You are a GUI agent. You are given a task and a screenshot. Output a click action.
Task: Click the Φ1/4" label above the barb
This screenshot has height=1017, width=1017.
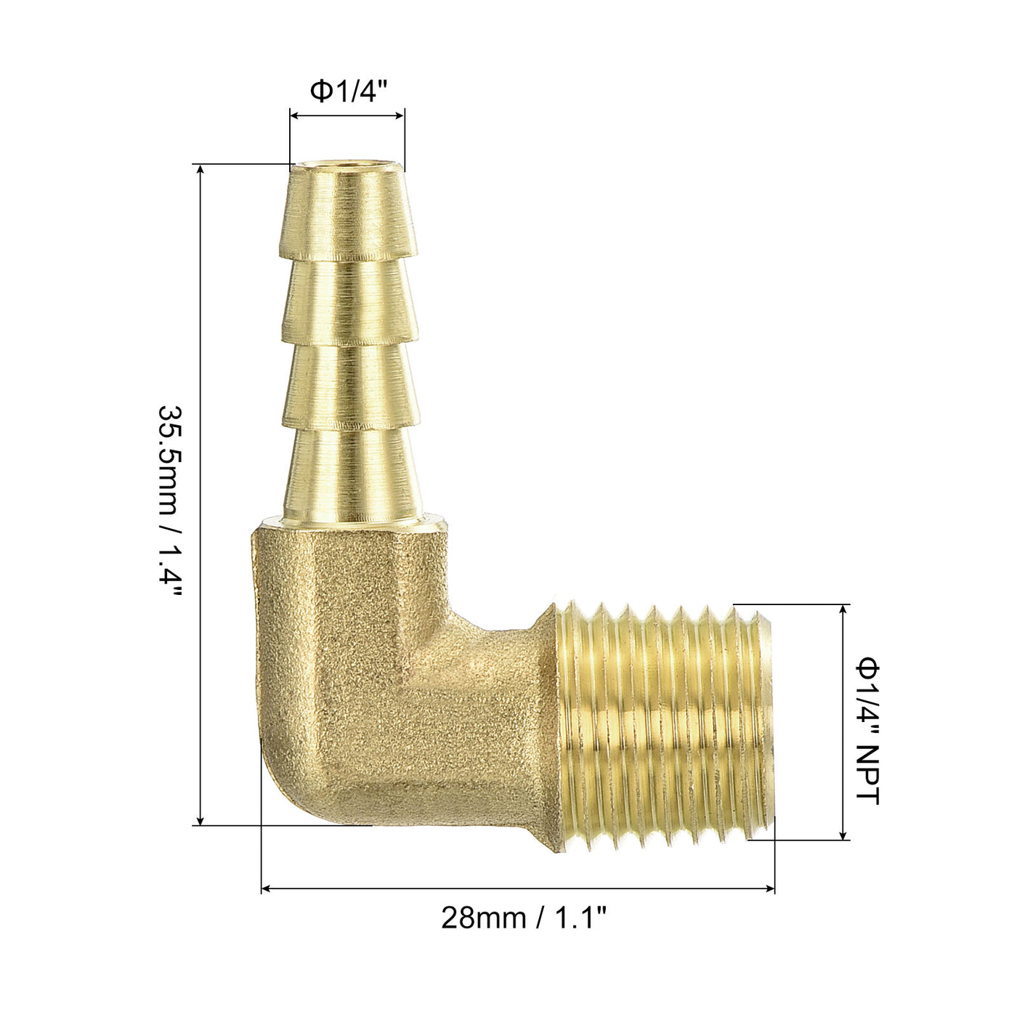pos(349,92)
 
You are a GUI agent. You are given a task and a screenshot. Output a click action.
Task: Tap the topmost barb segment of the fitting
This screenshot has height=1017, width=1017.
pos(349,212)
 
